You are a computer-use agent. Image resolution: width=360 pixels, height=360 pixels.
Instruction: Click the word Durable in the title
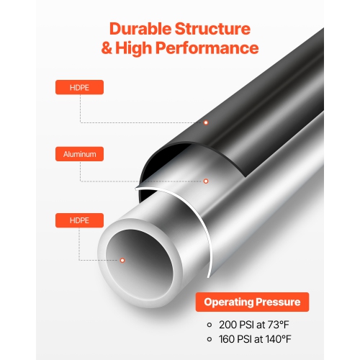[x=141, y=30]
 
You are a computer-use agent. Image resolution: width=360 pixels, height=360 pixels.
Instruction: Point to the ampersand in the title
[x=108, y=49]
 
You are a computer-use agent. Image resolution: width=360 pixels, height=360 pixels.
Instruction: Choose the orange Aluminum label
[x=79, y=154]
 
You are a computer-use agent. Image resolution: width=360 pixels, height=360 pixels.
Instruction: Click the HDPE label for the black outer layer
[x=79, y=88]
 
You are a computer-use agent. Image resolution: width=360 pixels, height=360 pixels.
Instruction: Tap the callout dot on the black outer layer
[x=206, y=122]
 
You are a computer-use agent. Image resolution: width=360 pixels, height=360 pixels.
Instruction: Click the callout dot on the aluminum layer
[x=206, y=181]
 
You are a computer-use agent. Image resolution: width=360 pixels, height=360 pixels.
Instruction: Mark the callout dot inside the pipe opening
[x=122, y=259]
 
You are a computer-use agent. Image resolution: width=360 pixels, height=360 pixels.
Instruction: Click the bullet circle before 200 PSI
[x=209, y=325]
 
